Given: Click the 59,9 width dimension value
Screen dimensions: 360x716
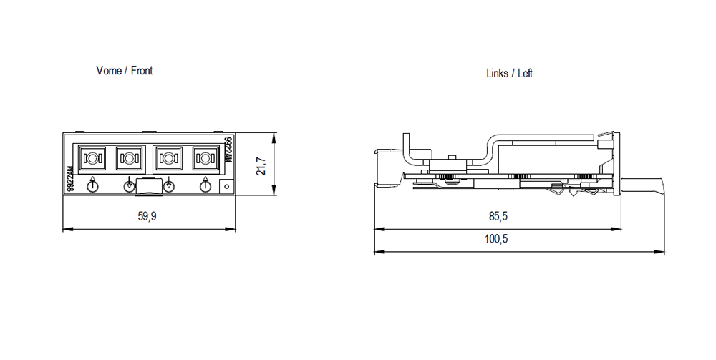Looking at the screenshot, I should pos(147,216).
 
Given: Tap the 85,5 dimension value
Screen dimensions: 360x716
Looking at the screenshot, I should pos(496,216).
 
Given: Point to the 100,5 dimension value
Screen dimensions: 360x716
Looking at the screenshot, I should pos(496,239).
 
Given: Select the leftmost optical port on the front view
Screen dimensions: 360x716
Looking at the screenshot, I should pos(93,157).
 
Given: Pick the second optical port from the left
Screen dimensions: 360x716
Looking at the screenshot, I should pos(130,157).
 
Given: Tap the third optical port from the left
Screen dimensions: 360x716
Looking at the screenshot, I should pos(169,157).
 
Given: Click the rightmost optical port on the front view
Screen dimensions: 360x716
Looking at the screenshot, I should pos(205,157).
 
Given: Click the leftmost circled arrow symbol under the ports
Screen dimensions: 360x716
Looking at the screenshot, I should pos(93,186).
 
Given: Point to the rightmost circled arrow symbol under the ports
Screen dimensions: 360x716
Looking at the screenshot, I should pos(205,186).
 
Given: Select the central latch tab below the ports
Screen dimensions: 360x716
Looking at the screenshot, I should pos(149,187).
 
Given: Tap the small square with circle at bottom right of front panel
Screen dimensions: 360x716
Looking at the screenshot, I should pos(226,188).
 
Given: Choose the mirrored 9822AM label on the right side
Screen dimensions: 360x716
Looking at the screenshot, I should pos(228,150).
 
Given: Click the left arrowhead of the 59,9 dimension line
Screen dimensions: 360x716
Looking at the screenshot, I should pos(67,229).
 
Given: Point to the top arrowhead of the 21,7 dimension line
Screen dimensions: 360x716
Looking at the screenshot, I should pos(274,137).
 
